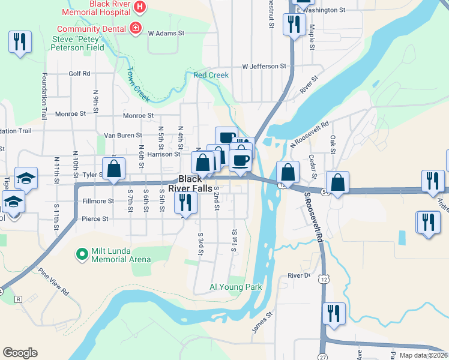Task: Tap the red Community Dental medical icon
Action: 136,28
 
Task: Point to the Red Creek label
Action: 211,75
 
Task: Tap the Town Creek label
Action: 137,83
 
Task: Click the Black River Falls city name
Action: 190,184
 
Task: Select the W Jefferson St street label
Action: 264,66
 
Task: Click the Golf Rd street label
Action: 79,74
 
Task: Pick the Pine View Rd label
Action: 53,281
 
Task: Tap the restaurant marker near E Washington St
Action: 294,25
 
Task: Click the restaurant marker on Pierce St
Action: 185,202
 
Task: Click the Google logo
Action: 20,352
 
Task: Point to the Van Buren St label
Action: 123,136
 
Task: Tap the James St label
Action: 263,322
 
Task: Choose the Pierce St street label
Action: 95,219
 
